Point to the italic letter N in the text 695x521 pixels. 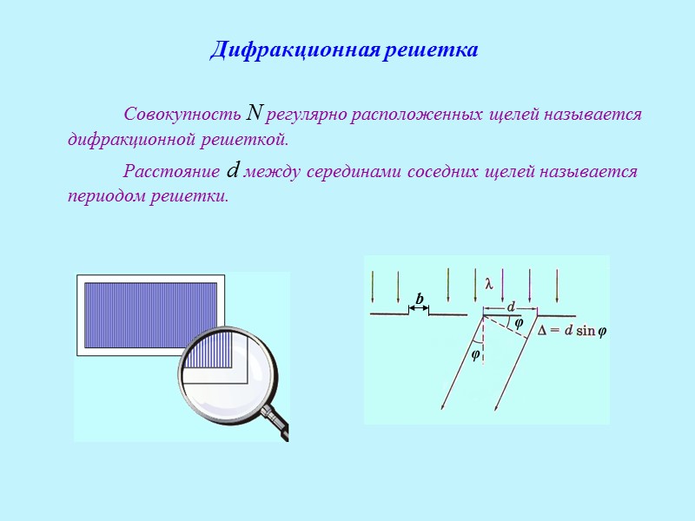tap(255, 113)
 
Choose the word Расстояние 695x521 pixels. tap(172, 171)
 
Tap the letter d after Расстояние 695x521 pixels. tap(232, 170)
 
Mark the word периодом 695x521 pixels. tap(103, 195)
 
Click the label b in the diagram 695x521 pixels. tap(419, 299)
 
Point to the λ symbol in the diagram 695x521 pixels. tap(488, 283)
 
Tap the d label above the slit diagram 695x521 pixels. tap(511, 306)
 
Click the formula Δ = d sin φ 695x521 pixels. tap(572, 331)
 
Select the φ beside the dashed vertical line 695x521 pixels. tap(475, 354)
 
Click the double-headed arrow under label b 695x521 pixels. tap(419, 308)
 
